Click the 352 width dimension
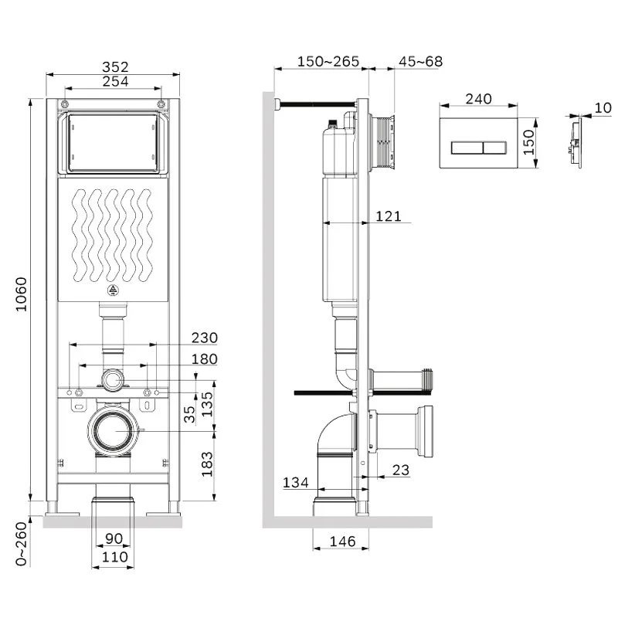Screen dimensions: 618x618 click(115, 66)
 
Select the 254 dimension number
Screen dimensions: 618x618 click(115, 81)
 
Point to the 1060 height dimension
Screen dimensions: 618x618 click(22, 294)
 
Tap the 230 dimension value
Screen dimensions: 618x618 click(205, 338)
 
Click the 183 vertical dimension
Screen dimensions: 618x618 click(207, 464)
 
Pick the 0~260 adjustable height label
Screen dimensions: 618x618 click(22, 544)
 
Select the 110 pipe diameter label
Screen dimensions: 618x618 click(114, 556)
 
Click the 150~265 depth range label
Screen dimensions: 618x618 click(328, 62)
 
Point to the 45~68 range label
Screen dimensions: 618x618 click(420, 62)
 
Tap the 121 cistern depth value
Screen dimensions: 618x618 click(389, 216)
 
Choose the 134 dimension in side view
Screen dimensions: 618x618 click(296, 482)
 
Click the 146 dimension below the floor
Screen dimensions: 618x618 click(342, 542)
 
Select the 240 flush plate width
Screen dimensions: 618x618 click(478, 99)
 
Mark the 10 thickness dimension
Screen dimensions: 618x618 click(603, 107)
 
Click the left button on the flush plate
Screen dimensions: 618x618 click(467, 148)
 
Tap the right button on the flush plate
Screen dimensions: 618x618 click(494, 148)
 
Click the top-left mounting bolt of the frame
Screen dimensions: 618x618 click(65, 104)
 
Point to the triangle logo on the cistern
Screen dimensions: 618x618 click(113, 290)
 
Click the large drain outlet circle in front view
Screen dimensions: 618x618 click(113, 430)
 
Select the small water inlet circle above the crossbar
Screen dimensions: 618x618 click(113, 380)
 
